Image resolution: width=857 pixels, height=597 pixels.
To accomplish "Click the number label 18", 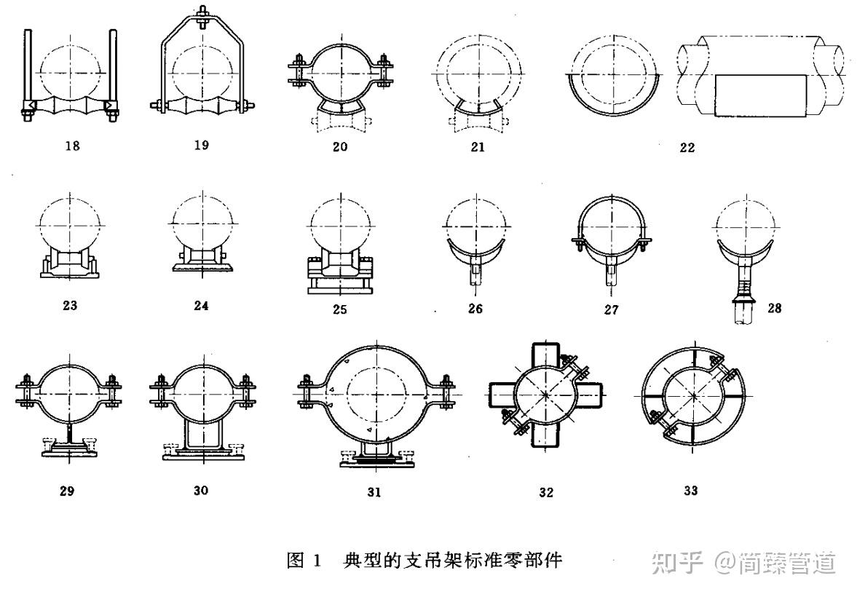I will [x=71, y=146].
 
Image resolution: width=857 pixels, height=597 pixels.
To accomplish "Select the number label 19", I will [x=202, y=144].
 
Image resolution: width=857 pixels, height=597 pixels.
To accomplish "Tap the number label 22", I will [x=686, y=148].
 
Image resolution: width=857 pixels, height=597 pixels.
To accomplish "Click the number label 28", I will [x=774, y=308].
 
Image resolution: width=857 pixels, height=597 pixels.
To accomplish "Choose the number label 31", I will [x=374, y=492].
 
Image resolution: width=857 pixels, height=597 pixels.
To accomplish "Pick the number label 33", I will [x=690, y=491].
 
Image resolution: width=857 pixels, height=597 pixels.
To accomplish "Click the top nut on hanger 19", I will [x=202, y=14].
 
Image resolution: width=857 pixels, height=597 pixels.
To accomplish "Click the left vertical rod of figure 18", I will [x=27, y=66].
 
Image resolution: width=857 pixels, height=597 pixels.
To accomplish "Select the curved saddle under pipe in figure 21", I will [x=477, y=108].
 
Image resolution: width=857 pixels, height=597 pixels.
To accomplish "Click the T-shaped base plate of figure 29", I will [x=70, y=451].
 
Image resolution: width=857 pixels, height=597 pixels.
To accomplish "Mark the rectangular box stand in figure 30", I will [x=201, y=435].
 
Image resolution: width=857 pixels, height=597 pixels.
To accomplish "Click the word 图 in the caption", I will [x=296, y=561].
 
